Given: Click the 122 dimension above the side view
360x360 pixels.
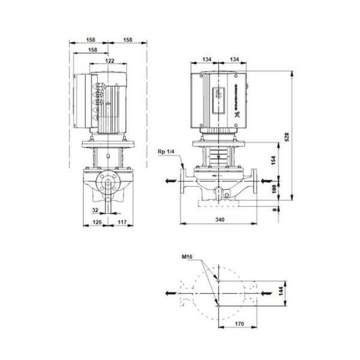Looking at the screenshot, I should tap(110, 60).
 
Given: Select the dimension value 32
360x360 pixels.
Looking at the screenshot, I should tap(95, 211).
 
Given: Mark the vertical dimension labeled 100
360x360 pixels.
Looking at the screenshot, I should tap(273, 189).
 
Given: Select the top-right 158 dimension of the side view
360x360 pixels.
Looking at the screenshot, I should tap(128, 40).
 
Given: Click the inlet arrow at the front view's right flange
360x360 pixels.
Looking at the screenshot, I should tap(274, 179).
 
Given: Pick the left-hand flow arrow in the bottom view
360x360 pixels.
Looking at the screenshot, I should tap(171, 293).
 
